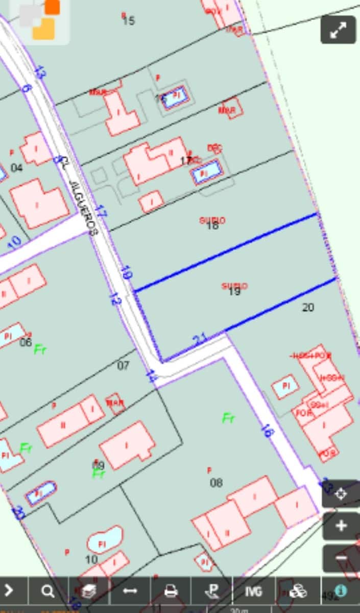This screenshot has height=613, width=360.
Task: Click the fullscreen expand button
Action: coord(338,30)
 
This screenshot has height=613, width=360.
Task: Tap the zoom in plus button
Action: coord(341,526)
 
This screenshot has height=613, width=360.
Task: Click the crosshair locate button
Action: coord(341,493)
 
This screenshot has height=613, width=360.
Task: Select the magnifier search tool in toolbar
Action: coord(48,591)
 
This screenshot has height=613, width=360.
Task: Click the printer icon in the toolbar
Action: coord(171,591)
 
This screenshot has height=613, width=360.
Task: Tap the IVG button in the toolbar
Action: coord(253,591)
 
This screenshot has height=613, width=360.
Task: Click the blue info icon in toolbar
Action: coord(341,591)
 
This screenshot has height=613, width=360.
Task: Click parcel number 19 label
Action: coord(234,291)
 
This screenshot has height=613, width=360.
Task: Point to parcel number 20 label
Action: coord(308,308)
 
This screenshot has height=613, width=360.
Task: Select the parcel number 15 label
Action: coord(129,21)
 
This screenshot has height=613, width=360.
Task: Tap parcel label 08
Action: coord(217,483)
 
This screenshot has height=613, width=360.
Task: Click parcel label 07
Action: coord(123,366)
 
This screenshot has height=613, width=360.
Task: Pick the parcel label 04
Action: coord(17,168)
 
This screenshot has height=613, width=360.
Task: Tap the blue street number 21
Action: coord(200,339)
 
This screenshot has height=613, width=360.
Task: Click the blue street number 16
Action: coord(267,431)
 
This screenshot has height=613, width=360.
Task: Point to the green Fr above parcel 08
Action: coord(228,418)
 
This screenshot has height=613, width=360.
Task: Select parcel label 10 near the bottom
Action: coord(91,560)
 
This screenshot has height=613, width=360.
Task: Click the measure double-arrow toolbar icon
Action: coord(130,591)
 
